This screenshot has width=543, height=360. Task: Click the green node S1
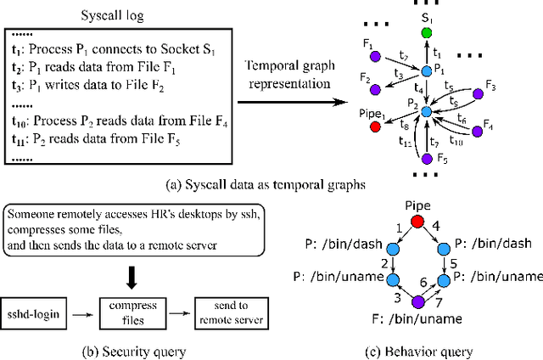[x=426, y=32]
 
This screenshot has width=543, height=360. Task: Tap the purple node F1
[x=375, y=57]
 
